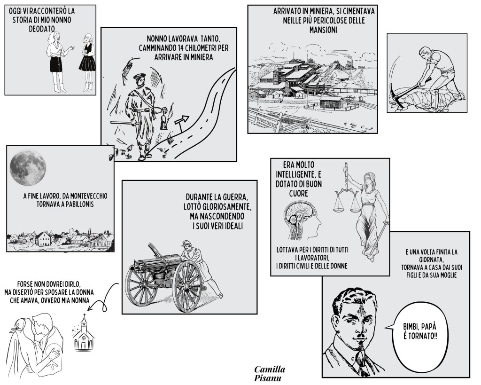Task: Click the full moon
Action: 28,168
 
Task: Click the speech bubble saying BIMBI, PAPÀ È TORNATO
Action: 419,332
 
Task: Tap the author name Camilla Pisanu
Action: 269,373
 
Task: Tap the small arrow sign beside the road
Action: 182,122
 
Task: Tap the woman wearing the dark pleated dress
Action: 87,63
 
